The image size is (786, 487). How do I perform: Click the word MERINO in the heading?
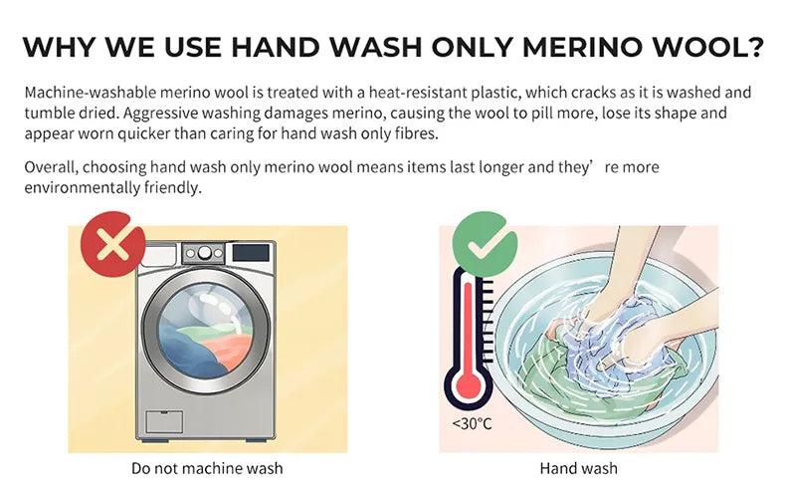(x=582, y=47)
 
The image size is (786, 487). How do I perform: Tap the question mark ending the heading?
(x=754, y=46)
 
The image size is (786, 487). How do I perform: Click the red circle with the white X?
(x=113, y=244)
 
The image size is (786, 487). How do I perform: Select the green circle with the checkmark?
(x=485, y=244)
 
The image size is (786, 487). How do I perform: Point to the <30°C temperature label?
(x=473, y=424)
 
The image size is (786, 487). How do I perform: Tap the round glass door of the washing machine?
(x=206, y=331)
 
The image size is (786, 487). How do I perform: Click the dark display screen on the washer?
(x=251, y=252)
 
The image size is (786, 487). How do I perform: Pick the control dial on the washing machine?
(x=204, y=253)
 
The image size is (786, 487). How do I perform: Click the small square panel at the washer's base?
(x=164, y=422)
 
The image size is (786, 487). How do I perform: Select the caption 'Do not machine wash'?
(x=207, y=468)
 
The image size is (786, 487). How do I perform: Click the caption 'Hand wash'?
(x=578, y=468)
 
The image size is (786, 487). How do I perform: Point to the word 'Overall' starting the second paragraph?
(x=51, y=167)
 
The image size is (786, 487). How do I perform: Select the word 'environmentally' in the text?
(x=83, y=187)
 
